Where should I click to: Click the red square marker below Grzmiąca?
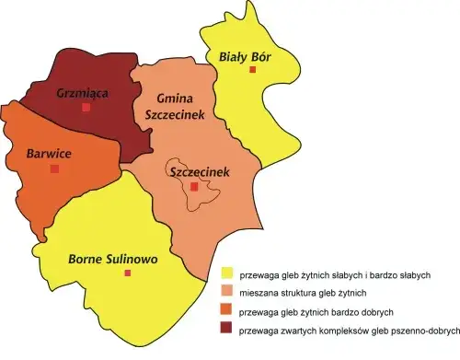point(86,108)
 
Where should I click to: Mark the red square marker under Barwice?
point(54,169)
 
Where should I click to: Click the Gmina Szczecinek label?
point(167,106)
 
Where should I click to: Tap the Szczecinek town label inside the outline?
point(194,172)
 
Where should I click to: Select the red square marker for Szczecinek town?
point(194,187)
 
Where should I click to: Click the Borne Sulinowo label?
point(113,259)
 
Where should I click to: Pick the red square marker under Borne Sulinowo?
point(128,273)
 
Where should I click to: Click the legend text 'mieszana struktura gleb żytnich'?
point(303,293)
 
